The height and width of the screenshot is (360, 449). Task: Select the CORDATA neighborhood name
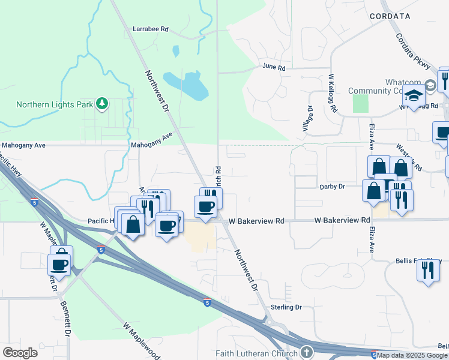(x=390, y=16)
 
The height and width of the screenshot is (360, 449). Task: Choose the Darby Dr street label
(x=332, y=187)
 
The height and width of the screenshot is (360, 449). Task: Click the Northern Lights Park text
(x=55, y=104)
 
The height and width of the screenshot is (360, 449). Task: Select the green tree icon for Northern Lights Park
(x=103, y=104)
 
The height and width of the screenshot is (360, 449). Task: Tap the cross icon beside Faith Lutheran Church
(x=307, y=352)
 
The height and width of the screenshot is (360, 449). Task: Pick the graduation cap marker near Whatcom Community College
(x=414, y=95)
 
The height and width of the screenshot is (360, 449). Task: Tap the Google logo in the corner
(x=20, y=353)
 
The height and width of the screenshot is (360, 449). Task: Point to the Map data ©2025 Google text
(x=412, y=355)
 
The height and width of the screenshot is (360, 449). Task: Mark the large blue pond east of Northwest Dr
(x=187, y=85)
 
